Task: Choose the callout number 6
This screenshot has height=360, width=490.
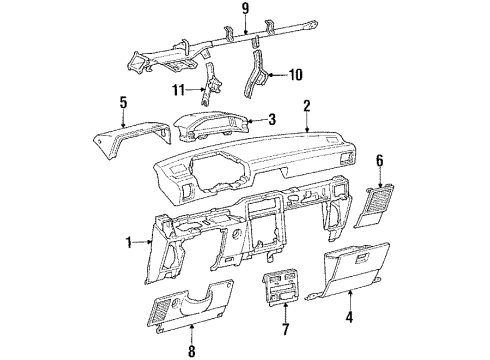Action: click(x=378, y=160)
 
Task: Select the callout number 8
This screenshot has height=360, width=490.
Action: click(x=191, y=350)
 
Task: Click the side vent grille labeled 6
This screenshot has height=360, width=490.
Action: click(x=384, y=203)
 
